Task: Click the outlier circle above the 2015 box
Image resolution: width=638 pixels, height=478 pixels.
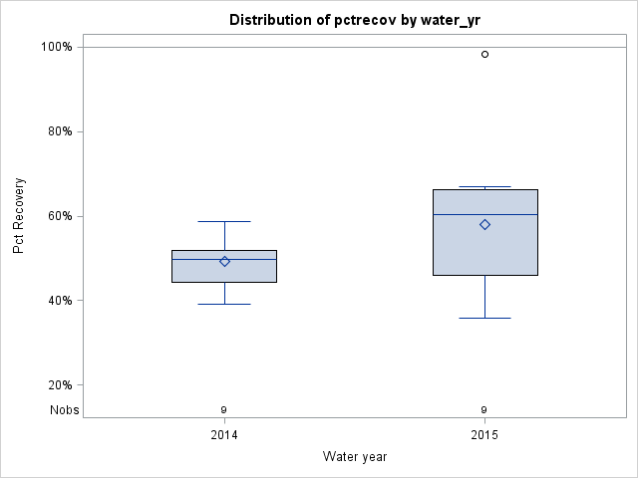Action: click(484, 54)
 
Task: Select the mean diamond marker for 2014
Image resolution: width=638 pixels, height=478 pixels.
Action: click(224, 261)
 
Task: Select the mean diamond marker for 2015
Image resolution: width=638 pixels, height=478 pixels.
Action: click(484, 224)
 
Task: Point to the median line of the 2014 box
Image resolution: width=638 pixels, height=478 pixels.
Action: click(224, 259)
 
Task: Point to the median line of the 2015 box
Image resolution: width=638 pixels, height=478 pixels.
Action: click(484, 214)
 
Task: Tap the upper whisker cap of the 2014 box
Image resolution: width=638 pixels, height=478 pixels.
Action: click(224, 221)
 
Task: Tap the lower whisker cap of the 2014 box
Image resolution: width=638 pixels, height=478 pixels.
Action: click(224, 304)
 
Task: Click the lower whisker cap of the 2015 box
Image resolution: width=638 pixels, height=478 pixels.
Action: click(484, 318)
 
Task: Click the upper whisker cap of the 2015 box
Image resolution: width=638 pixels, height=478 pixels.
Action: click(484, 186)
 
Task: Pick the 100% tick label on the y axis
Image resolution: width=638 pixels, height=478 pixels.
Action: click(56, 47)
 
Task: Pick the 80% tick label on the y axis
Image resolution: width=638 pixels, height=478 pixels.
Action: click(59, 131)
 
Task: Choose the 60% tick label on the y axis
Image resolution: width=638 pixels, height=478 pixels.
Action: click(59, 216)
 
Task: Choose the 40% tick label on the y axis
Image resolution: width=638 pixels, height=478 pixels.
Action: click(59, 301)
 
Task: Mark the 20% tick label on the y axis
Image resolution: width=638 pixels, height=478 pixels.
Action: click(59, 385)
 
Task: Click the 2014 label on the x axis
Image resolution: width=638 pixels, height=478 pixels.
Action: click(224, 436)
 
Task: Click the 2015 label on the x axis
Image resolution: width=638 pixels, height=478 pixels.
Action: click(484, 436)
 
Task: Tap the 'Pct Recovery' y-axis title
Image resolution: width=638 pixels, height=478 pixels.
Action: click(20, 216)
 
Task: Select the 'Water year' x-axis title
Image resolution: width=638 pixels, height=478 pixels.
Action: click(355, 457)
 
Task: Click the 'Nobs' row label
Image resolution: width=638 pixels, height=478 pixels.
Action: click(65, 410)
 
